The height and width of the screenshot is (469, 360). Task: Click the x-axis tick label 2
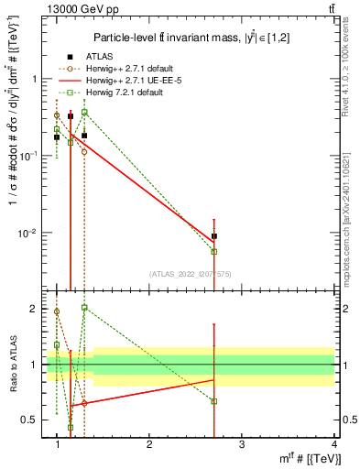click(x=149, y=443)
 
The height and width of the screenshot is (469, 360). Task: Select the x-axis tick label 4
click(x=334, y=443)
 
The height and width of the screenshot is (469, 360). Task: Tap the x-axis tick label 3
click(x=242, y=443)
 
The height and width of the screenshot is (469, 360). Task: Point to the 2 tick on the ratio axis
click(x=38, y=309)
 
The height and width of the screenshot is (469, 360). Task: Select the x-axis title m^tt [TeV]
click(x=308, y=458)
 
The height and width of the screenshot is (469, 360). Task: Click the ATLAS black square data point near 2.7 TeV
click(x=214, y=236)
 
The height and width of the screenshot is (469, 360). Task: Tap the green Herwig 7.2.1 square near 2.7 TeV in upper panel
click(x=214, y=251)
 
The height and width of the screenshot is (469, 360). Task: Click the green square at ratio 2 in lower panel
click(x=84, y=308)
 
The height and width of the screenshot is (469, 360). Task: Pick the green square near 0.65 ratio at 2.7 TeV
click(x=214, y=401)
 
